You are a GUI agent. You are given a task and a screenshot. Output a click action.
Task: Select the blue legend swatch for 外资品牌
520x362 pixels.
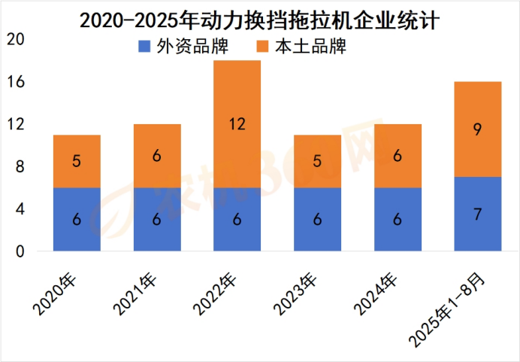[x=144, y=47]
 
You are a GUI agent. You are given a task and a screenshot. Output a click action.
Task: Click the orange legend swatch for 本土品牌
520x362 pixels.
[x=265, y=47]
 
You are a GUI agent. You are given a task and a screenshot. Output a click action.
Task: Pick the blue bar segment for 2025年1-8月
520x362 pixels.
[x=477, y=214]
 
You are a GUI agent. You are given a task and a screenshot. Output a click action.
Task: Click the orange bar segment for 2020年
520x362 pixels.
[x=77, y=161]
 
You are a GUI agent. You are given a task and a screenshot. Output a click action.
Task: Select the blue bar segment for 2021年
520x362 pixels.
[x=157, y=219]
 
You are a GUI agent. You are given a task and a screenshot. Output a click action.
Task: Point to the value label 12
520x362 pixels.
[x=237, y=124]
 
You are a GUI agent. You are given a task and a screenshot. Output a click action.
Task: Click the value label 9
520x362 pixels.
[x=477, y=129]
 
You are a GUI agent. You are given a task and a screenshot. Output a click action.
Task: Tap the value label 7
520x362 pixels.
[x=477, y=214]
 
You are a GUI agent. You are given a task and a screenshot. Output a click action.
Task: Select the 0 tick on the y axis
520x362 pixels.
[x=20, y=251]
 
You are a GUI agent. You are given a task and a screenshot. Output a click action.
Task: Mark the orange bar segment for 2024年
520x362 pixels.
[x=397, y=156]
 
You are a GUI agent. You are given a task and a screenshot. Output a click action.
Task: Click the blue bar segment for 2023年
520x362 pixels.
[x=317, y=219]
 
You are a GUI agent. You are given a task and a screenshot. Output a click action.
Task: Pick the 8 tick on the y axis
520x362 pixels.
[x=20, y=166]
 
